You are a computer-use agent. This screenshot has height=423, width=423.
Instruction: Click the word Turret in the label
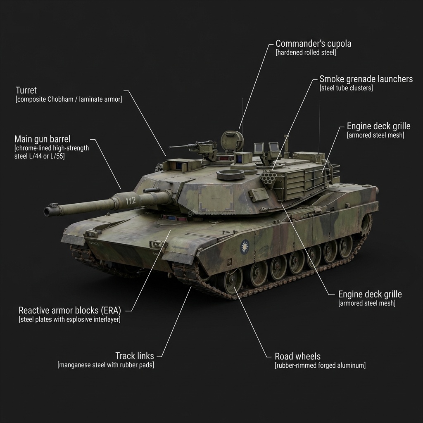tap(26, 90)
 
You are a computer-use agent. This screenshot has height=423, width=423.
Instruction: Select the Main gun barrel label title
tap(42, 139)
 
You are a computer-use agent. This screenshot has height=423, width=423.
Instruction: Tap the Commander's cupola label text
tap(313, 43)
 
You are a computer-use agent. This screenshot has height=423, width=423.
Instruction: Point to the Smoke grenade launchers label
tap(366, 79)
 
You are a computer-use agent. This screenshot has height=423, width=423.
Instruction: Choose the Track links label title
tap(135, 356)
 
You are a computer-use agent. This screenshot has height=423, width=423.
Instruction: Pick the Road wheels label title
tap(297, 356)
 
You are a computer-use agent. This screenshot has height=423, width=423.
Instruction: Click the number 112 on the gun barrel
tap(130, 201)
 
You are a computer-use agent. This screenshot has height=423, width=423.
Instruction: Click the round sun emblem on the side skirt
tap(245, 247)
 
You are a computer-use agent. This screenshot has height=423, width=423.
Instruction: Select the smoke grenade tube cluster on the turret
tap(270, 178)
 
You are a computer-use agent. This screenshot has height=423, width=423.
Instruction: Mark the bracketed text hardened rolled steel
tap(306, 52)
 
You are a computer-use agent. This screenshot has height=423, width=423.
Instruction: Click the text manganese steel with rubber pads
tap(105, 365)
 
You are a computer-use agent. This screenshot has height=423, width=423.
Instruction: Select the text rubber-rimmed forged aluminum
tap(320, 365)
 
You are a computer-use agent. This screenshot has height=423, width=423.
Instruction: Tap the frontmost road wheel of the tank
tap(233, 281)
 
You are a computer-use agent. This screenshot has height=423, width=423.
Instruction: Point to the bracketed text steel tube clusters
tap(346, 88)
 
